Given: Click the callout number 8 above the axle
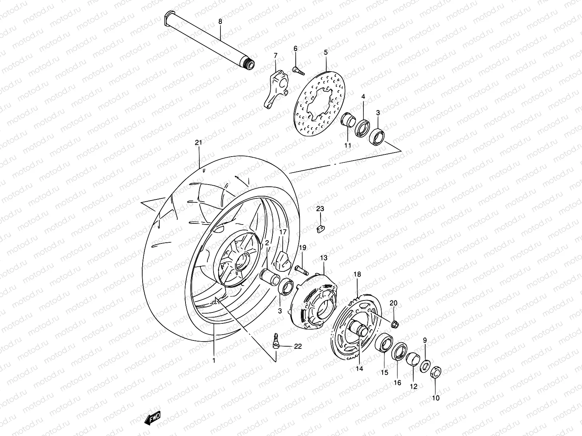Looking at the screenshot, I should (220, 21).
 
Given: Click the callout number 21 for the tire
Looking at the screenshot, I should (198, 143).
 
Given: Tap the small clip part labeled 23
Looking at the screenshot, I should (320, 229).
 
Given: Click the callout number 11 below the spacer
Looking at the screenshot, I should (348, 145).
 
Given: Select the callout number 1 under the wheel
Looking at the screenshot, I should (214, 361).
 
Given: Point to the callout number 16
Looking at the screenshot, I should (397, 383).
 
